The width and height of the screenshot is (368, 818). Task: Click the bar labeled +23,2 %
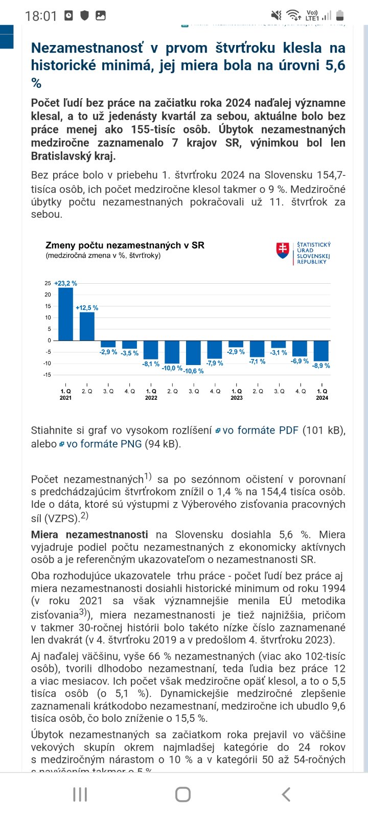[x=65, y=314]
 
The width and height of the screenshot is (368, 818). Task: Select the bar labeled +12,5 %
[x=87, y=326]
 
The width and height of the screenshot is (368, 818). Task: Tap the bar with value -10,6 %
[x=194, y=352]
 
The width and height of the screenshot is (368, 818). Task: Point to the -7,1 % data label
[x=257, y=361]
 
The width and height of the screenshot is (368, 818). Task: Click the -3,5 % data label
[x=129, y=353]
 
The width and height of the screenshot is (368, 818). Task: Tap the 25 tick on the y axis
[x=48, y=283]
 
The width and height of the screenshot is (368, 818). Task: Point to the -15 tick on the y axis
[x=48, y=375]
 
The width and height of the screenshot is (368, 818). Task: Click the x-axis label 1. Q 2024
[x=322, y=394]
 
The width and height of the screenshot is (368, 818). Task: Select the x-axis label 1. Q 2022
[x=151, y=394]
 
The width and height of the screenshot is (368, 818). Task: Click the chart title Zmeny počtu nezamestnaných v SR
[x=125, y=245]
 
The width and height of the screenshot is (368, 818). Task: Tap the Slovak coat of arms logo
[x=283, y=250]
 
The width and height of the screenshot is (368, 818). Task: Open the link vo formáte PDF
[x=260, y=430]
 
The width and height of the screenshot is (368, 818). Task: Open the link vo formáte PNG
[x=104, y=444]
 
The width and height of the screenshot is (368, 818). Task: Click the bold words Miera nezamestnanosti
[x=89, y=535]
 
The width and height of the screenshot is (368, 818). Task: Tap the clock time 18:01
[x=41, y=16]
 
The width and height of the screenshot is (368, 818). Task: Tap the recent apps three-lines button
[x=80, y=794]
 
